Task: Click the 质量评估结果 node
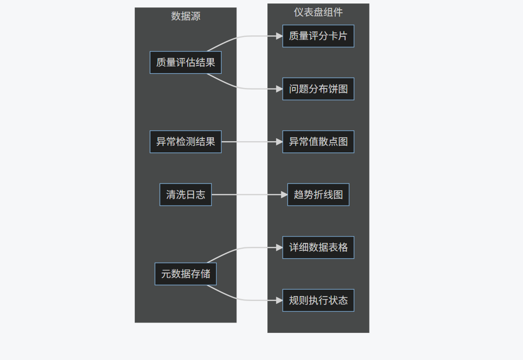pyautogui.click(x=185, y=62)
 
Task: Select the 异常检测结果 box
pyautogui.click(x=185, y=142)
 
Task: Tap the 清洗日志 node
pyautogui.click(x=185, y=195)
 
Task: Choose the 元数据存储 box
pyautogui.click(x=185, y=274)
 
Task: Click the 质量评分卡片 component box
pyautogui.click(x=318, y=36)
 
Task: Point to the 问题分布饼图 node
pyautogui.click(x=318, y=89)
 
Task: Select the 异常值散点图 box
pyautogui.click(x=318, y=142)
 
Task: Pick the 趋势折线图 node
pyautogui.click(x=318, y=195)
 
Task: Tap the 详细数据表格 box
pyautogui.click(x=318, y=247)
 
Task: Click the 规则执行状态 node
pyautogui.click(x=318, y=300)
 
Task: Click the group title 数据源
pyautogui.click(x=185, y=16)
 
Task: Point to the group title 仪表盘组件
pyautogui.click(x=318, y=12)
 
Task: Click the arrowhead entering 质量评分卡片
pyautogui.click(x=279, y=36)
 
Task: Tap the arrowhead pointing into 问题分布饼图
pyautogui.click(x=279, y=89)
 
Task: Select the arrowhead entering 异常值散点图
pyautogui.click(x=279, y=142)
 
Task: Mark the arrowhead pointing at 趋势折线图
pyautogui.click(x=284, y=195)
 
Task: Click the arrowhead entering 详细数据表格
pyautogui.click(x=279, y=247)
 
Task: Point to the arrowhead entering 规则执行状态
pyautogui.click(x=279, y=300)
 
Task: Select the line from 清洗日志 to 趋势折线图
pyautogui.click(x=248, y=195)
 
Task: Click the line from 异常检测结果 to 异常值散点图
pyautogui.click(x=251, y=142)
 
